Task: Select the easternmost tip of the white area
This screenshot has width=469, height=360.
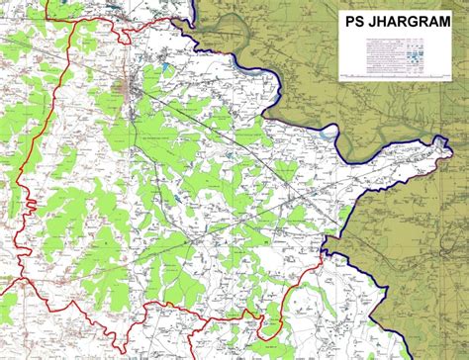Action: (x=450, y=148)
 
